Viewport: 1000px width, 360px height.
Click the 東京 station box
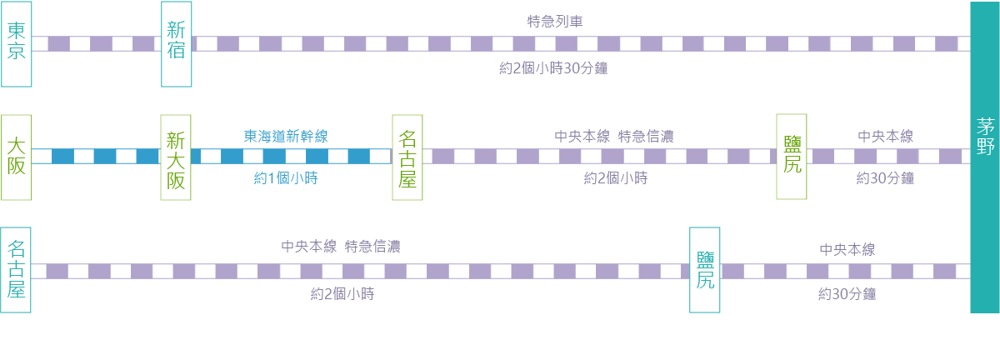coord(16,43)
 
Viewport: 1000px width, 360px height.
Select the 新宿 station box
coord(176,43)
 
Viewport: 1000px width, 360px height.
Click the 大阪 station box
coord(16,157)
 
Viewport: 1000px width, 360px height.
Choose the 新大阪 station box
coord(176,157)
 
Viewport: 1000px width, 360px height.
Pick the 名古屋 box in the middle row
coord(407,157)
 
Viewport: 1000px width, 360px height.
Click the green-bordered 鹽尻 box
coord(792,157)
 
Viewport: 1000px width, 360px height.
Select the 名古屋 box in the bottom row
coord(16,269)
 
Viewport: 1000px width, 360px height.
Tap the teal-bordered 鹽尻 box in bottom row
coord(705,269)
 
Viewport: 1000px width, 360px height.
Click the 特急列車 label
coord(554,22)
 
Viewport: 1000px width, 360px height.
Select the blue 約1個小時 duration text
coord(286,178)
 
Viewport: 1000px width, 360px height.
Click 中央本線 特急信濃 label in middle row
coord(613,136)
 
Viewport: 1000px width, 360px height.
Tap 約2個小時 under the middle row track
coord(616,178)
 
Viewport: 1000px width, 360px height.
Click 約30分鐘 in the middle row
coord(885,178)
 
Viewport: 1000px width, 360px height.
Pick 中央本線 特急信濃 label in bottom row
coord(341,247)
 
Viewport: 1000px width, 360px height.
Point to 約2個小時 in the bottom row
coord(342,293)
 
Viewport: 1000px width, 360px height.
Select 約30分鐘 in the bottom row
coord(847,293)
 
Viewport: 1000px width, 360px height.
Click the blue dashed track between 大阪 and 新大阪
coord(96,157)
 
